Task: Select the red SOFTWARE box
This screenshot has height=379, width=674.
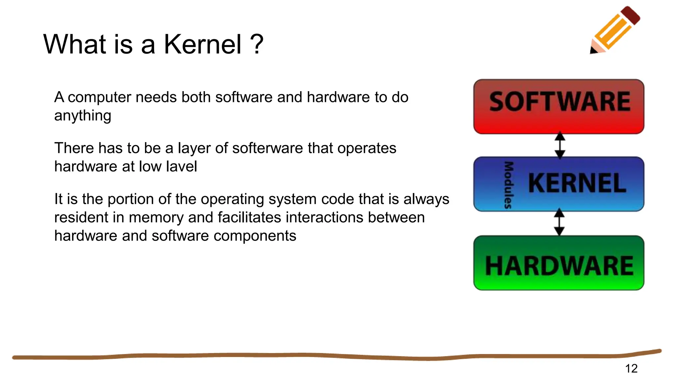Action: point(559,107)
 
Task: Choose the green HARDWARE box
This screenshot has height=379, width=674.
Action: point(559,263)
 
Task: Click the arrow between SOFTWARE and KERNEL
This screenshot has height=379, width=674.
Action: point(560,145)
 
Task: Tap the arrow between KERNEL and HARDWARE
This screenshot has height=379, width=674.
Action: point(559,223)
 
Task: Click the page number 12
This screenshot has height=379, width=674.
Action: point(631,368)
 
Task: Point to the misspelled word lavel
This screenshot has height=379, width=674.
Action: point(182,166)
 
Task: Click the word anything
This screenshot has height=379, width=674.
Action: point(83,116)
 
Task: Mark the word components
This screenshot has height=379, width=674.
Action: point(255,236)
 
